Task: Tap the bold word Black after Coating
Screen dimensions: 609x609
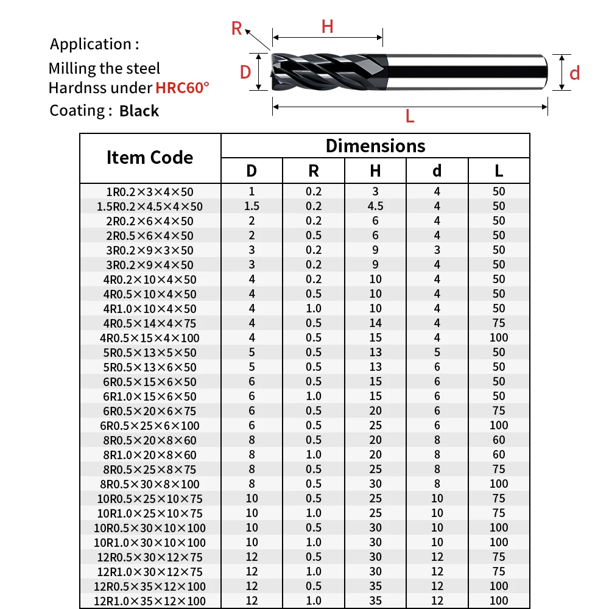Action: (x=139, y=111)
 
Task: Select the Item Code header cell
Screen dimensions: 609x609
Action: (x=150, y=158)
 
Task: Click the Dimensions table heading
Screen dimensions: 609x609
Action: (x=375, y=146)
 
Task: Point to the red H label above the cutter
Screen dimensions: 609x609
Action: (x=327, y=27)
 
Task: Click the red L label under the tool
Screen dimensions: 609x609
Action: (x=410, y=116)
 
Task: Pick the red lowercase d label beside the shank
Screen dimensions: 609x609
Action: (x=574, y=74)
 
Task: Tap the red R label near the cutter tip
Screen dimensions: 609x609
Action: (x=237, y=28)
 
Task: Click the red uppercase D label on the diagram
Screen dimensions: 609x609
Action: (x=245, y=72)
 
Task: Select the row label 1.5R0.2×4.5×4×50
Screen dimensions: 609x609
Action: (x=150, y=206)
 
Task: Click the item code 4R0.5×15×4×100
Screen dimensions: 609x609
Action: (x=150, y=338)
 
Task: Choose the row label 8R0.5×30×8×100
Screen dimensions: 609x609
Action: (x=150, y=484)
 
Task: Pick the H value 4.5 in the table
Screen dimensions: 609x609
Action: (x=375, y=206)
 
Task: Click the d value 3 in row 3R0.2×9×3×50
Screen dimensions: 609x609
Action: (x=437, y=250)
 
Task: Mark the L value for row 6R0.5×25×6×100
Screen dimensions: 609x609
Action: (x=499, y=426)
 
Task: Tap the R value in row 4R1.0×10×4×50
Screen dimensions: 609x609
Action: (x=314, y=309)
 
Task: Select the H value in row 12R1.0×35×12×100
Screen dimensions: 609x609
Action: (x=375, y=601)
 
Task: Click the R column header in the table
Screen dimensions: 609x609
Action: (x=314, y=171)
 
